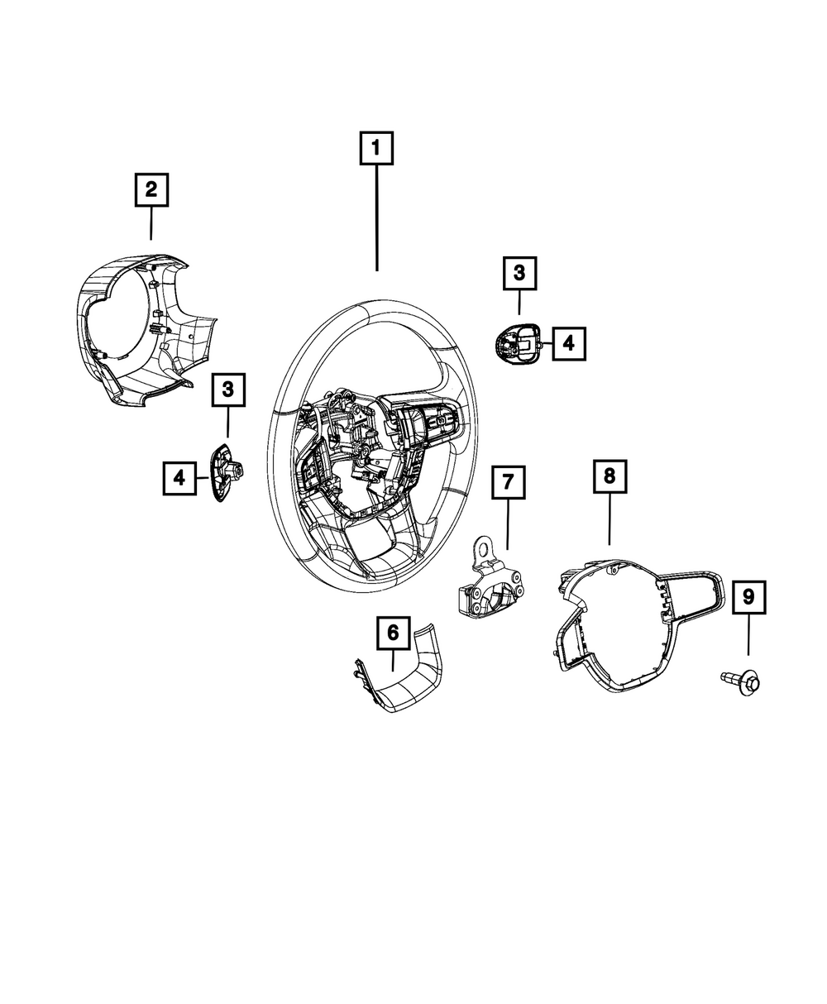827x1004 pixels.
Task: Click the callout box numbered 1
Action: click(x=376, y=149)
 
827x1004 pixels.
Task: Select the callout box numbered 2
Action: click(x=151, y=189)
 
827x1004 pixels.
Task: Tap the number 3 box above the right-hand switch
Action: click(x=519, y=273)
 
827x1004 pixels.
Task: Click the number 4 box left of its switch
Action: click(x=179, y=477)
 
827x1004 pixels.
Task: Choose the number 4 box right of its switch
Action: click(x=568, y=342)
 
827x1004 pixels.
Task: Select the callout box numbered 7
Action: click(x=508, y=481)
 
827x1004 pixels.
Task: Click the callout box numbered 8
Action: click(x=609, y=476)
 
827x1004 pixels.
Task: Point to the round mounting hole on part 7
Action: click(x=483, y=546)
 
